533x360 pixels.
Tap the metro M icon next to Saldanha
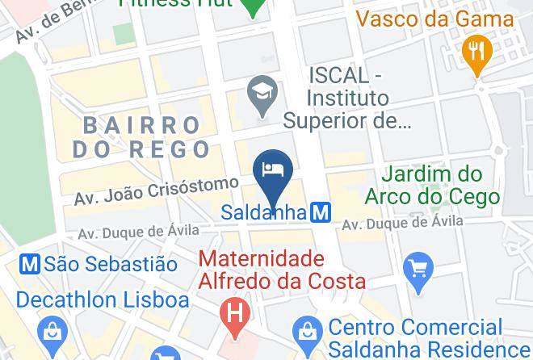coord(321,213)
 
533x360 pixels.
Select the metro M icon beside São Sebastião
coord(31,263)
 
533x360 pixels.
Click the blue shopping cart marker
coord(418,267)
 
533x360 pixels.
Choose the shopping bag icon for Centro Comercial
coord(307,329)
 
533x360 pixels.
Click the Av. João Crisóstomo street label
coord(157,190)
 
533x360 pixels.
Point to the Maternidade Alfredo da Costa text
coord(283,270)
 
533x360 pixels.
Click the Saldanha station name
coord(264,213)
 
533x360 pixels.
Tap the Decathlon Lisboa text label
coord(103,300)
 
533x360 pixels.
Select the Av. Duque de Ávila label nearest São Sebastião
coord(137,231)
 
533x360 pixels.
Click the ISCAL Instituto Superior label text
coord(348,98)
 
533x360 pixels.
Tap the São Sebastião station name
coord(111,263)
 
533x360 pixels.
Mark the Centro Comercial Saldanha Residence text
coord(418,339)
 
